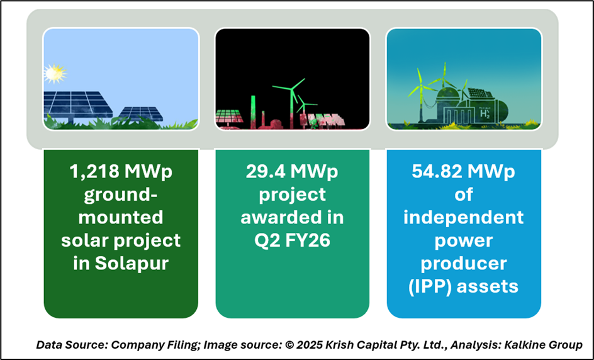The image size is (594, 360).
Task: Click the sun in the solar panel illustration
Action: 55,74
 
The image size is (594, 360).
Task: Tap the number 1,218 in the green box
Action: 94,172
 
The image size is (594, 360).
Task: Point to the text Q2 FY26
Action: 292,240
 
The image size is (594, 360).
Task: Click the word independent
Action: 463,218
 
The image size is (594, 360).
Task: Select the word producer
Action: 463,264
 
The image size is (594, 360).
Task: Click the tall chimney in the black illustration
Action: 253,112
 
